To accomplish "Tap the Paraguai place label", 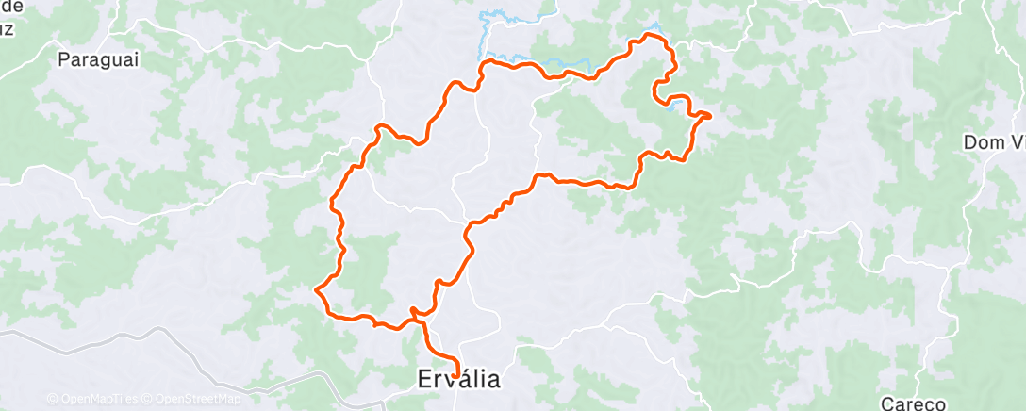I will click(98, 60).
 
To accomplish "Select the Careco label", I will click(913, 403).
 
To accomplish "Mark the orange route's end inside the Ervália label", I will click(457, 376).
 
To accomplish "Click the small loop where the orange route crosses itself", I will click(415, 312).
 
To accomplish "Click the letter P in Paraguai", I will click(64, 60).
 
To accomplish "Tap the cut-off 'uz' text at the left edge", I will click(7, 27).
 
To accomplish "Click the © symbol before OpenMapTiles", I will click(52, 399).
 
